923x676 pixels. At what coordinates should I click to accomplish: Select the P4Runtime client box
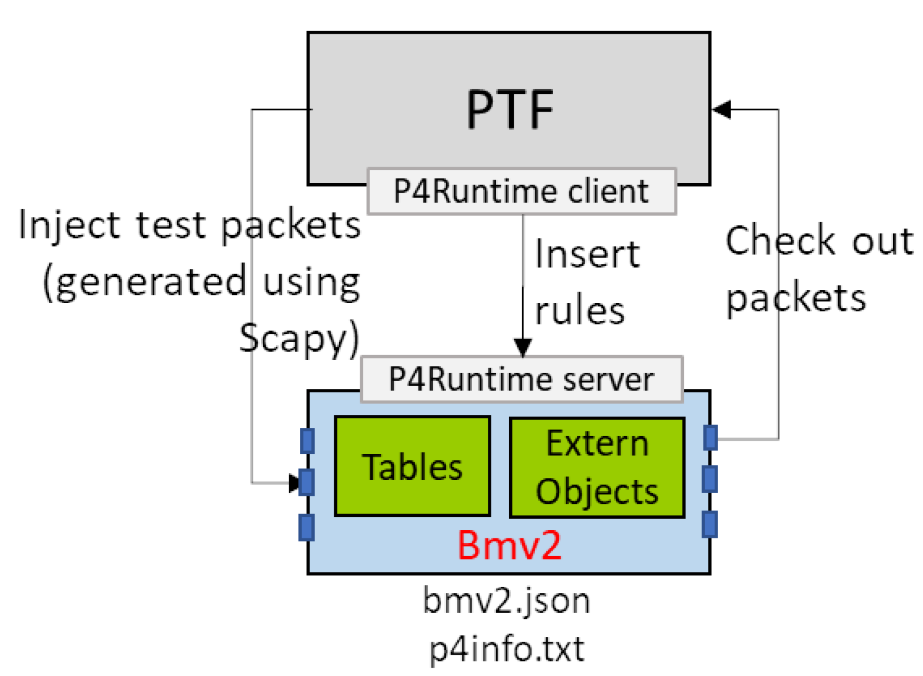pyautogui.click(x=521, y=191)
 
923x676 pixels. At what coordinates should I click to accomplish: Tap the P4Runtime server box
pyautogui.click(x=521, y=379)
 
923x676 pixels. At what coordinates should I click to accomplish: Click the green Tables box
pyautogui.click(x=412, y=466)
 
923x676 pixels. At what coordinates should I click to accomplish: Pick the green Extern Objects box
pyautogui.click(x=596, y=467)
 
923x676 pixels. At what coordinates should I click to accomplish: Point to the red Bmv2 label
pyautogui.click(x=509, y=545)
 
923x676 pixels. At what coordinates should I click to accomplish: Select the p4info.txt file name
pyautogui.click(x=507, y=649)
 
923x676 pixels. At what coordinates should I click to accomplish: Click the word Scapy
pyautogui.click(x=298, y=339)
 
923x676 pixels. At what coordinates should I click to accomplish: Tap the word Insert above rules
pyautogui.click(x=587, y=255)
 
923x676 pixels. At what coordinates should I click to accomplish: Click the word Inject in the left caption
pyautogui.click(x=69, y=226)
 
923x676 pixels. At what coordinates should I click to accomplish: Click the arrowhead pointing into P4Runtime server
pyautogui.click(x=523, y=347)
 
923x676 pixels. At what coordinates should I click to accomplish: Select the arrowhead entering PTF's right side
pyautogui.click(x=722, y=109)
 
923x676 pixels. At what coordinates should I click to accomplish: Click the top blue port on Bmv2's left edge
pyautogui.click(x=307, y=441)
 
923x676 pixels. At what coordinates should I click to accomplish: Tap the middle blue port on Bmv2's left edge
pyautogui.click(x=307, y=482)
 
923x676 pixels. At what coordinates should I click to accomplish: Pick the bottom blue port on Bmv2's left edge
pyautogui.click(x=306, y=527)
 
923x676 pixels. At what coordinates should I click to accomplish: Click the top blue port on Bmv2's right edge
pyautogui.click(x=710, y=438)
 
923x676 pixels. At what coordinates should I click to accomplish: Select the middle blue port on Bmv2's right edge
pyautogui.click(x=710, y=479)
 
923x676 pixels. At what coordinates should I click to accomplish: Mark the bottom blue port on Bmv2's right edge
pyautogui.click(x=710, y=524)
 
